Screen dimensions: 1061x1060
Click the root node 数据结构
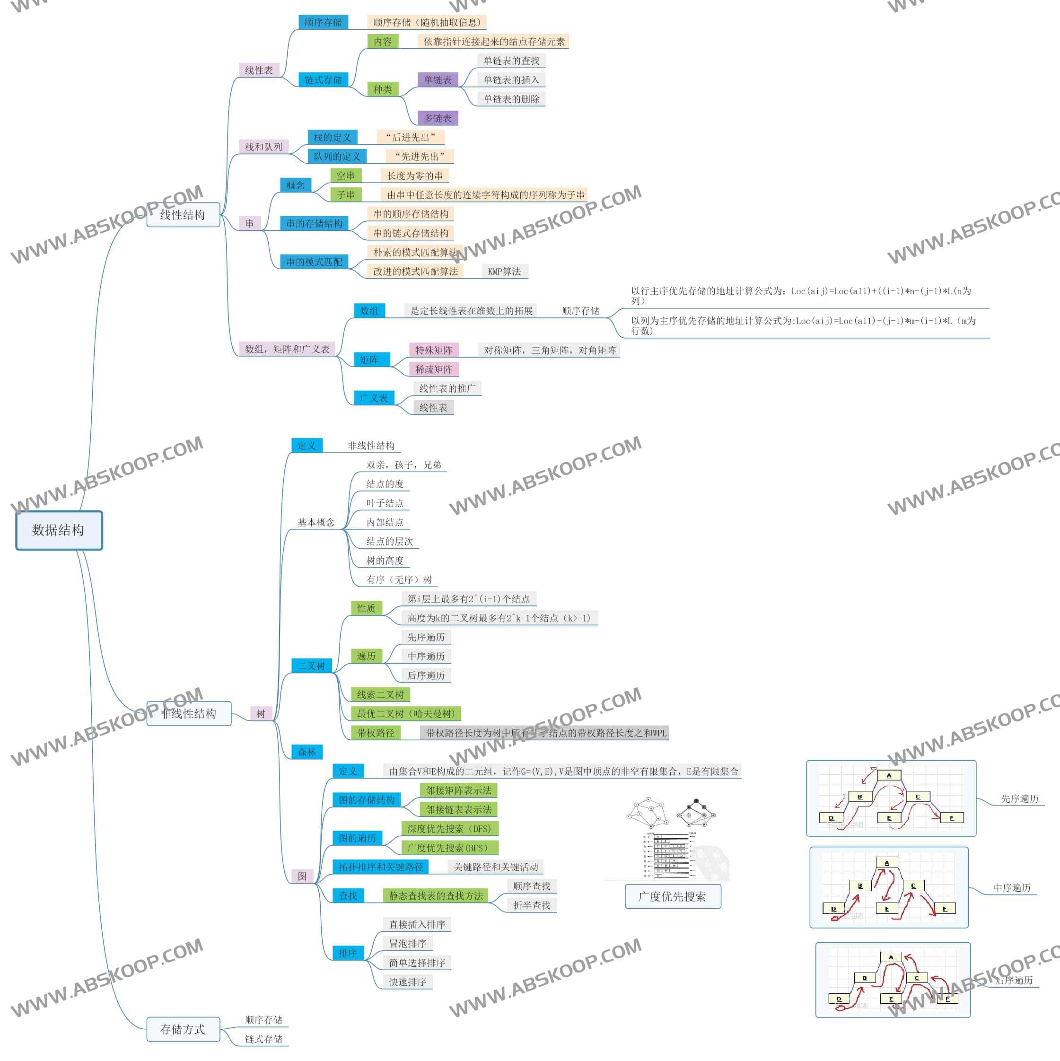59,530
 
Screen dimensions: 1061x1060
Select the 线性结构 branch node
183,215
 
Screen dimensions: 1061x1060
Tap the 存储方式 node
183,1029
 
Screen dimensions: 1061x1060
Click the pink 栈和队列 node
263,147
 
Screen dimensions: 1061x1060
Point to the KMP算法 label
504,272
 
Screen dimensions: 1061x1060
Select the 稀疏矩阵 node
434,369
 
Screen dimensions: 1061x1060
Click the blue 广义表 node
374,398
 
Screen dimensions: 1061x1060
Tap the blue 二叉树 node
311,666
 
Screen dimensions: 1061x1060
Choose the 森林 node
307,752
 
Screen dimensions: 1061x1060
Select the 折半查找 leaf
532,905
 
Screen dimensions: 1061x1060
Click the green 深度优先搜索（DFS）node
449,829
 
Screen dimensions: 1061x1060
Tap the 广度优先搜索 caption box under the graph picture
672,896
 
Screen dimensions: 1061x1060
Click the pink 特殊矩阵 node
434,350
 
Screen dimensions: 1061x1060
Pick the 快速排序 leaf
408,982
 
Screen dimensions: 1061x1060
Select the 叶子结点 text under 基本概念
385,503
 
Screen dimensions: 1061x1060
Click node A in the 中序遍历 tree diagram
886,863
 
